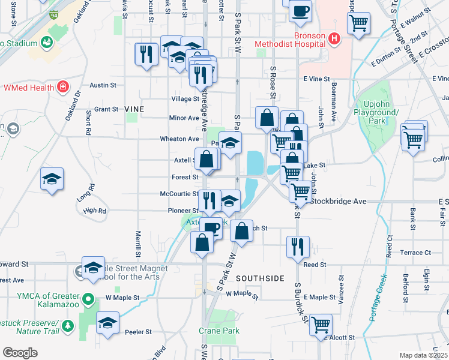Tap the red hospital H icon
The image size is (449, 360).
click(334, 40)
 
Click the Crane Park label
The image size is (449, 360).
click(219, 331)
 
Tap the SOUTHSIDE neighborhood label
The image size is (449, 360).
click(259, 278)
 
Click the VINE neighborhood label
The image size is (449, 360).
click(134, 109)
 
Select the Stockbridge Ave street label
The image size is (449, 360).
click(339, 202)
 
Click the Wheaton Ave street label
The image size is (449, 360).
click(175, 139)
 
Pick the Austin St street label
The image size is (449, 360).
click(103, 86)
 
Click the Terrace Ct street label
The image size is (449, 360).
click(415, 253)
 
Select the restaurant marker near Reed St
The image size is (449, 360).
click(298, 246)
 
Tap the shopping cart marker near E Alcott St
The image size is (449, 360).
click(321, 325)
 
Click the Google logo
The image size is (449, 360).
click(20, 353)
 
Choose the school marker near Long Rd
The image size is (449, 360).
click(52, 178)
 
